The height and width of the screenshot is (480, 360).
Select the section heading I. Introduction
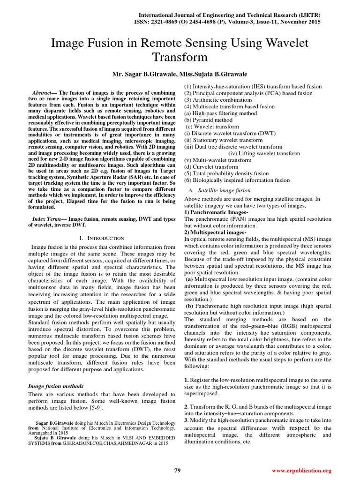point(102,239)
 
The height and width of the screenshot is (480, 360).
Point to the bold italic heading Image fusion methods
point(56,386)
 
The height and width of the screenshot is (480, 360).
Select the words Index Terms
point(48,219)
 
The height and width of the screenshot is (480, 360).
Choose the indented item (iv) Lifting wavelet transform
point(264,153)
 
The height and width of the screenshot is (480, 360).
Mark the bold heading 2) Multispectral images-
point(215,232)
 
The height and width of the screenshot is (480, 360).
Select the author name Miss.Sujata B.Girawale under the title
point(214,75)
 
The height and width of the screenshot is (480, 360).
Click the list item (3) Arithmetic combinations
point(218,100)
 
